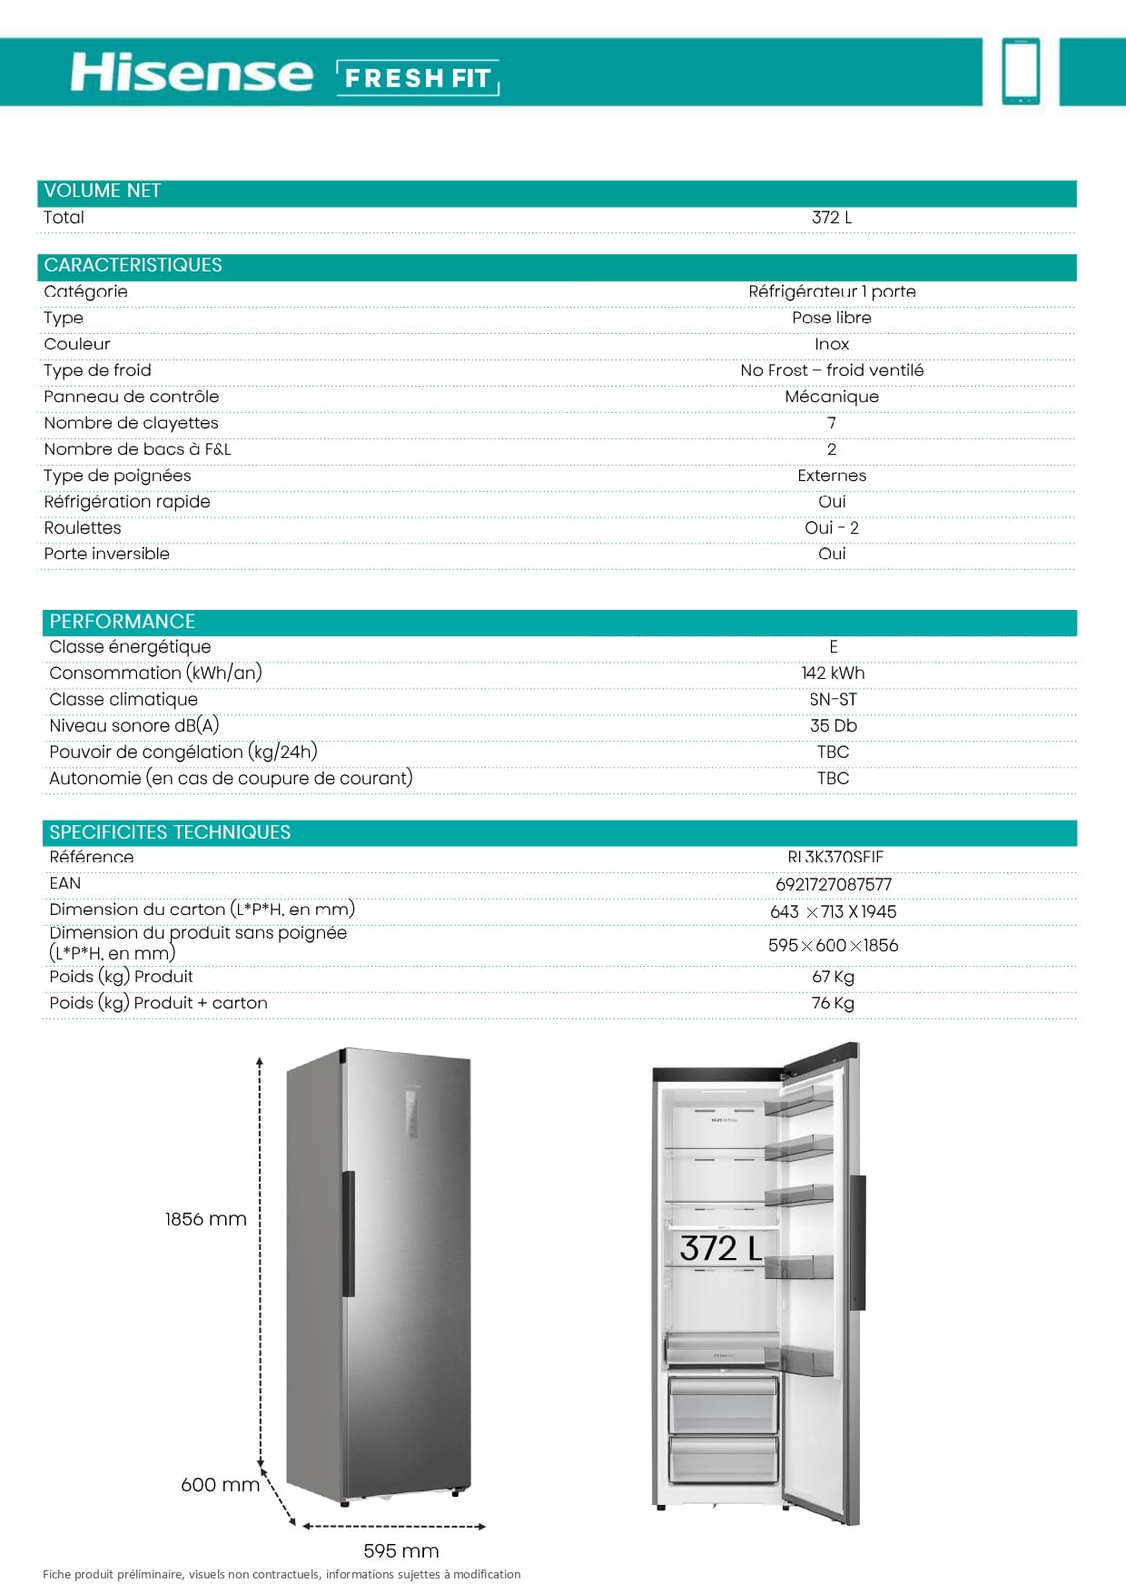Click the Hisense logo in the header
(192, 73)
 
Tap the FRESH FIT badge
(418, 78)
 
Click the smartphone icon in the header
(1021, 71)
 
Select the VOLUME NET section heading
(103, 191)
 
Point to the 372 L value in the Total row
(832, 218)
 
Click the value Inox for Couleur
(832, 344)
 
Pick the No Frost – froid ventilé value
(832, 370)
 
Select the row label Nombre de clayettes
(131, 423)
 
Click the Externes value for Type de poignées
(832, 476)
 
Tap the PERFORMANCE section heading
(123, 622)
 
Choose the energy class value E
(834, 647)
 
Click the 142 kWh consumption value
(834, 674)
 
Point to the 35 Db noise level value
(834, 726)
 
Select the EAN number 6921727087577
(834, 884)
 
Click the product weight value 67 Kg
(834, 977)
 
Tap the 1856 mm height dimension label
(206, 1219)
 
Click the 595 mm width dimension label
(401, 1551)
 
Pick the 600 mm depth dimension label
(221, 1485)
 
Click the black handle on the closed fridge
(348, 1234)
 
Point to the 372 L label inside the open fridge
(721, 1249)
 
